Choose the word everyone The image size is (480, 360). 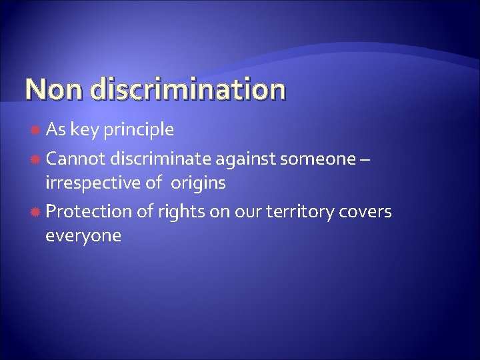[83, 236]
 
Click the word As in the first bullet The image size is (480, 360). [55, 131]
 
